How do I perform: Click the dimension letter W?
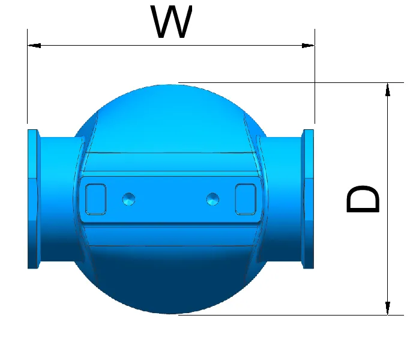pyautogui.click(x=172, y=23)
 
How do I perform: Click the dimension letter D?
pyautogui.click(x=363, y=200)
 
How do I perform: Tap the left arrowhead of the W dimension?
pyautogui.click(x=34, y=45)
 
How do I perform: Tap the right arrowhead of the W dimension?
pyautogui.click(x=309, y=45)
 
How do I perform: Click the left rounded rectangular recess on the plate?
pyautogui.click(x=96, y=198)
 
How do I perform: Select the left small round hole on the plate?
pyautogui.click(x=128, y=198)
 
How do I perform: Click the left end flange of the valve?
pyautogui.click(x=33, y=198)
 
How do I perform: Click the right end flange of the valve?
pyautogui.click(x=309, y=198)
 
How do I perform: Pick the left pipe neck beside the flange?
pyautogui.click(x=57, y=198)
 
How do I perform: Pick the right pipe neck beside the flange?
pyautogui.click(x=285, y=198)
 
